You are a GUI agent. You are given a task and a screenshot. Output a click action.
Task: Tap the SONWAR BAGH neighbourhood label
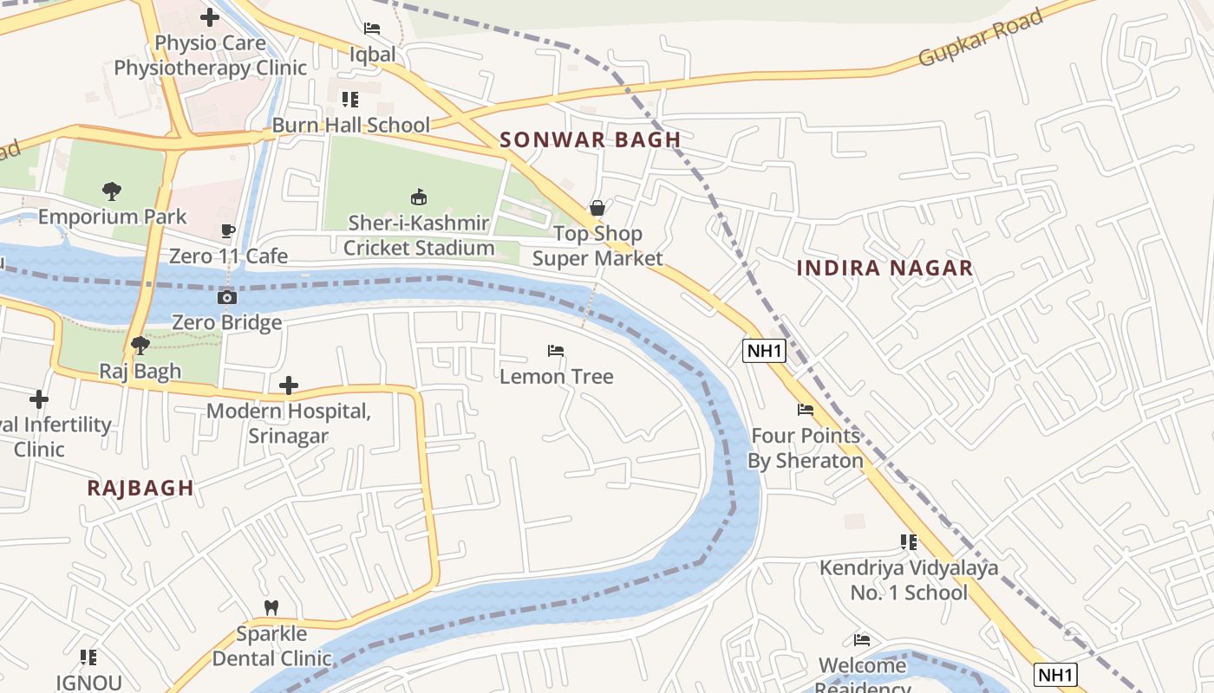click(x=590, y=139)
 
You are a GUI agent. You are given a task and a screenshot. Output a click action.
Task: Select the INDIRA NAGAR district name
click(x=884, y=269)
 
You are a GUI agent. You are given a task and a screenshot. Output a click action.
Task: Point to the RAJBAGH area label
click(x=140, y=488)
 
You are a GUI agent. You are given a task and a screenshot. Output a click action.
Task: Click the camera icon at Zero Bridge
click(x=226, y=298)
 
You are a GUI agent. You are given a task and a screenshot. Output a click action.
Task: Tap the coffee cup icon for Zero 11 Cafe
click(x=228, y=231)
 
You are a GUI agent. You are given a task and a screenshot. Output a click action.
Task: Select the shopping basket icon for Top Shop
click(x=597, y=208)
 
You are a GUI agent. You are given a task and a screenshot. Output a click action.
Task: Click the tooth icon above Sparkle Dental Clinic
click(x=271, y=608)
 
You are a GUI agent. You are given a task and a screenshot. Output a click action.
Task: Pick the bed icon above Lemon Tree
click(x=556, y=351)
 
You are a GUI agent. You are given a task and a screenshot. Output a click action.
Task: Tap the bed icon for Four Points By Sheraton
click(x=806, y=410)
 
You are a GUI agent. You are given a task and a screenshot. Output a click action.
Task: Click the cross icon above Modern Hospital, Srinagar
click(x=289, y=385)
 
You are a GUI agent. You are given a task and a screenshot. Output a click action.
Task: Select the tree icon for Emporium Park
click(x=112, y=191)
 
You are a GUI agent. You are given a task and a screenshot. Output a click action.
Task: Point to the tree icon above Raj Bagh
click(x=140, y=346)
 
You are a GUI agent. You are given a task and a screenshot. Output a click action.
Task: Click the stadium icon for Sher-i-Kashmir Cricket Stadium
click(x=419, y=198)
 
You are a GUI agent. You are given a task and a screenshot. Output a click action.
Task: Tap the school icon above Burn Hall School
click(x=350, y=100)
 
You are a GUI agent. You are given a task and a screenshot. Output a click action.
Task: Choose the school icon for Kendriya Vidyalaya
click(x=908, y=542)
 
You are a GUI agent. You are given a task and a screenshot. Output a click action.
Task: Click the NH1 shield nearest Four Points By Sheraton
click(x=764, y=351)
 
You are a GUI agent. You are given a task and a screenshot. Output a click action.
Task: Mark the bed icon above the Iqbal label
click(x=372, y=29)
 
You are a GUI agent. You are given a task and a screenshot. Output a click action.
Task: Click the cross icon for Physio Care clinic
click(x=210, y=16)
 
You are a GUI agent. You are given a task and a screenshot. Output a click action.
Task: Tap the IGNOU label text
click(x=88, y=683)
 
